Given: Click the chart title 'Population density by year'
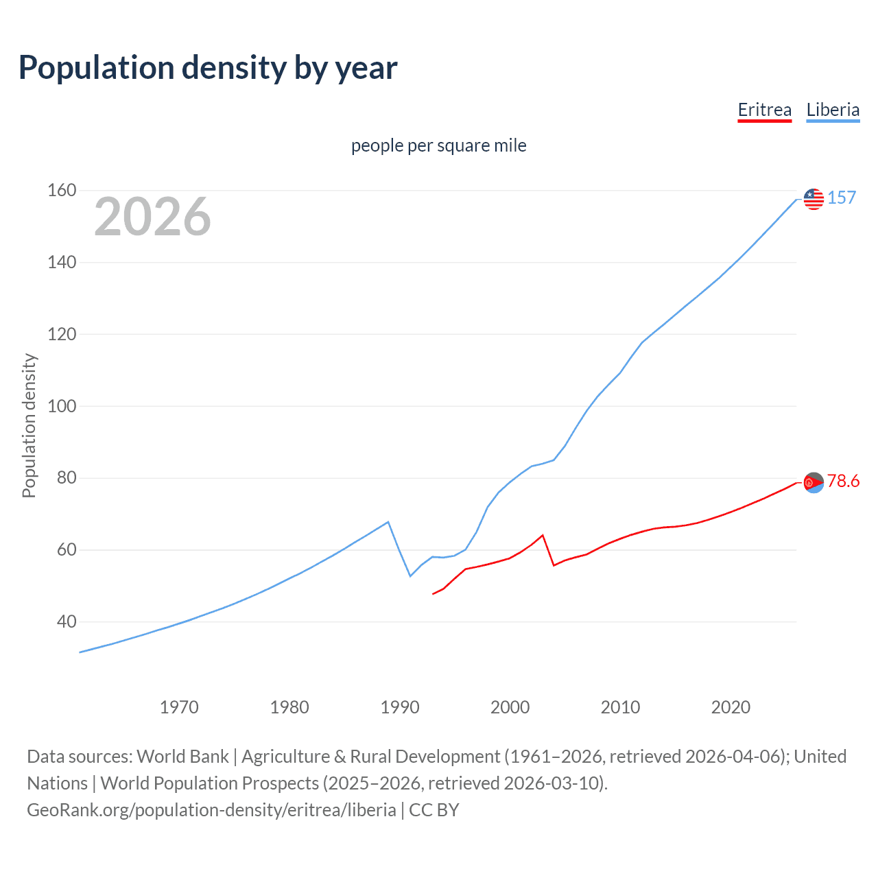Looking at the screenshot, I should [x=208, y=68].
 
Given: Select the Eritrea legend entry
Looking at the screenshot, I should [x=764, y=110].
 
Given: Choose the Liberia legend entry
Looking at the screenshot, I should [x=833, y=110].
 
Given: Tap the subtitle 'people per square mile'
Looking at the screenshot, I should [x=438, y=146].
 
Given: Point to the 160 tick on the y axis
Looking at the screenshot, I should [x=62, y=190].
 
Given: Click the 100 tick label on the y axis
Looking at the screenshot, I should [x=62, y=406].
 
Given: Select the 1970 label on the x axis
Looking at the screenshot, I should [x=179, y=707].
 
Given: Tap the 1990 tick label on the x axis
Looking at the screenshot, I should [x=400, y=707].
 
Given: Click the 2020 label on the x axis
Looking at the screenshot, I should [x=731, y=707].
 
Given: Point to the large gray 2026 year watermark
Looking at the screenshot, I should [x=152, y=217].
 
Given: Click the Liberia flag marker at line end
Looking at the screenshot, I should [x=814, y=199].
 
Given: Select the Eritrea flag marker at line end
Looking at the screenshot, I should [x=814, y=483].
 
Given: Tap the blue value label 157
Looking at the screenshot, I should [x=842, y=198].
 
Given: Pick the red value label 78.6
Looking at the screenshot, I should [x=843, y=482].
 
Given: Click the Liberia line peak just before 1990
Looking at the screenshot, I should [x=388, y=522].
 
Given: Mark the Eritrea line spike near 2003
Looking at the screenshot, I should [x=543, y=535].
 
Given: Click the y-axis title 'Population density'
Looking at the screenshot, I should [x=29, y=425].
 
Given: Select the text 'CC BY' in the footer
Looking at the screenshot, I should [x=434, y=810].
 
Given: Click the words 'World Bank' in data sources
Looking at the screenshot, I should [x=182, y=757].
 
